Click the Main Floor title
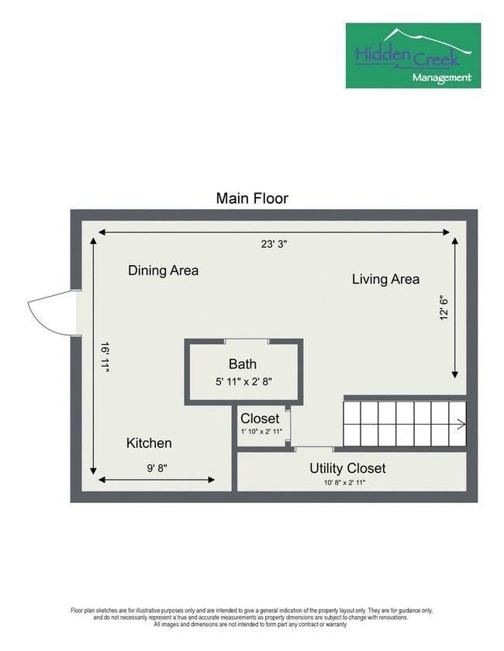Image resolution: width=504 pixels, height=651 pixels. click(x=252, y=198)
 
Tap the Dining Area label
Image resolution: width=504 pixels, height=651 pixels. click(x=163, y=270)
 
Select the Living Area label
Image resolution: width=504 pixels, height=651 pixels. click(x=385, y=279)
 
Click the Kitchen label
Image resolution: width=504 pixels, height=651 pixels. click(x=149, y=443)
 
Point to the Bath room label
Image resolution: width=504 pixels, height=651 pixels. click(x=242, y=363)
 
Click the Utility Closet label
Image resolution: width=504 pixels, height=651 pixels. click(x=347, y=468)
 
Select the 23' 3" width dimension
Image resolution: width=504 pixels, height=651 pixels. click(x=274, y=244)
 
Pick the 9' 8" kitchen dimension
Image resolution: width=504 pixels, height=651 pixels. click(x=157, y=468)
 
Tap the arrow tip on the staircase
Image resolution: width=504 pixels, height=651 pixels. click(x=462, y=423)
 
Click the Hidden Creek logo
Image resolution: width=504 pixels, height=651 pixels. click(x=413, y=54)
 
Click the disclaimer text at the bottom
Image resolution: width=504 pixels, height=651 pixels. click(x=252, y=615)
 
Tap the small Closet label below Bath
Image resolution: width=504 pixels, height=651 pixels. click(x=259, y=418)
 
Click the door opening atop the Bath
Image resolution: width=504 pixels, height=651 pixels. click(x=247, y=341)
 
